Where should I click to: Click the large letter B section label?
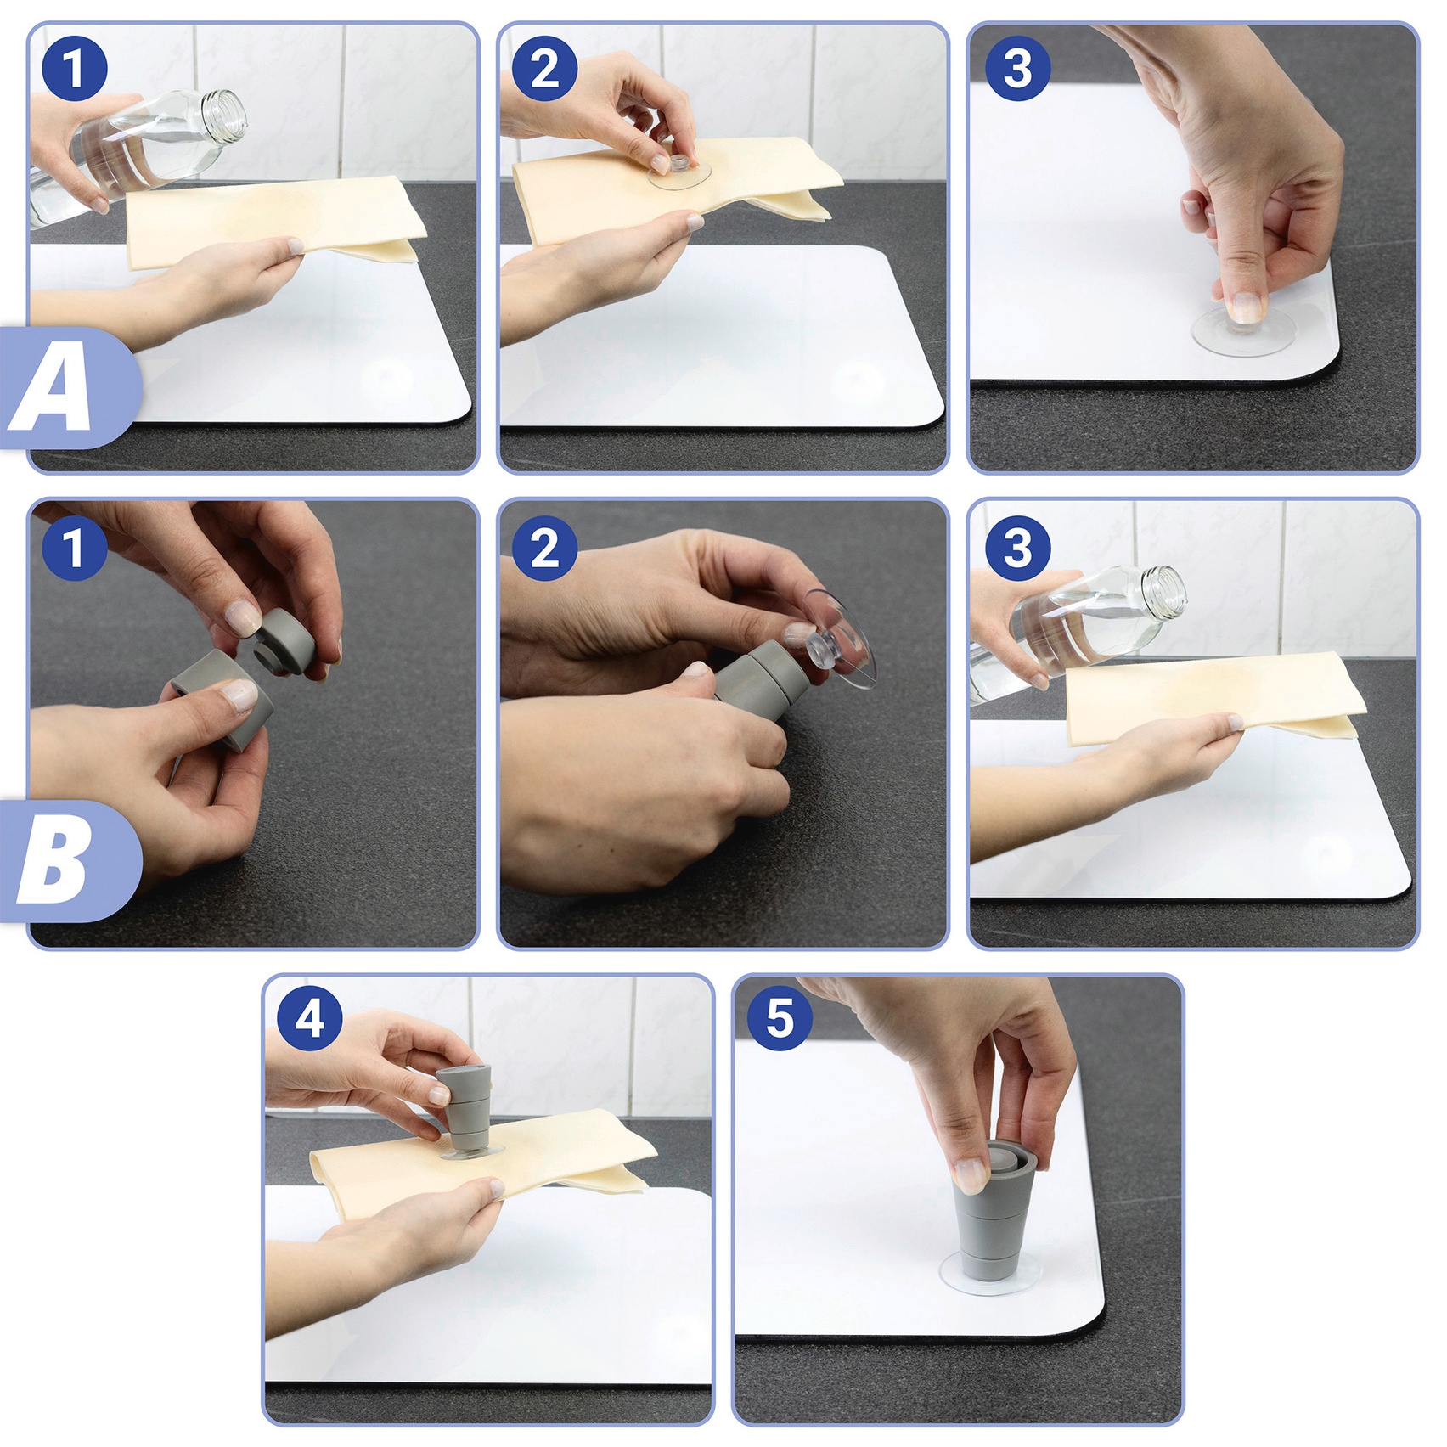coord(53,863)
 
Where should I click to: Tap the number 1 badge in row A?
coord(75,69)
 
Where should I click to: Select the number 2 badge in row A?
coord(545,69)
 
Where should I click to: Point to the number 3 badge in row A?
coord(1018,69)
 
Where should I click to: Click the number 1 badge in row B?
coord(75,548)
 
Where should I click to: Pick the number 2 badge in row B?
coord(545,548)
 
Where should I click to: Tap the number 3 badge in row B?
coord(1018,548)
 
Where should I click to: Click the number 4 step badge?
coord(310,1017)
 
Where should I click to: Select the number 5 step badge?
coord(780,1017)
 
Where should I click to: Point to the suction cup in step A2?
coord(679,171)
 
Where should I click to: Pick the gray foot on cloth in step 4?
coord(465,1111)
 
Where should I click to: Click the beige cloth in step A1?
coord(276,222)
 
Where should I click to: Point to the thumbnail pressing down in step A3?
coord(1246,307)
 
